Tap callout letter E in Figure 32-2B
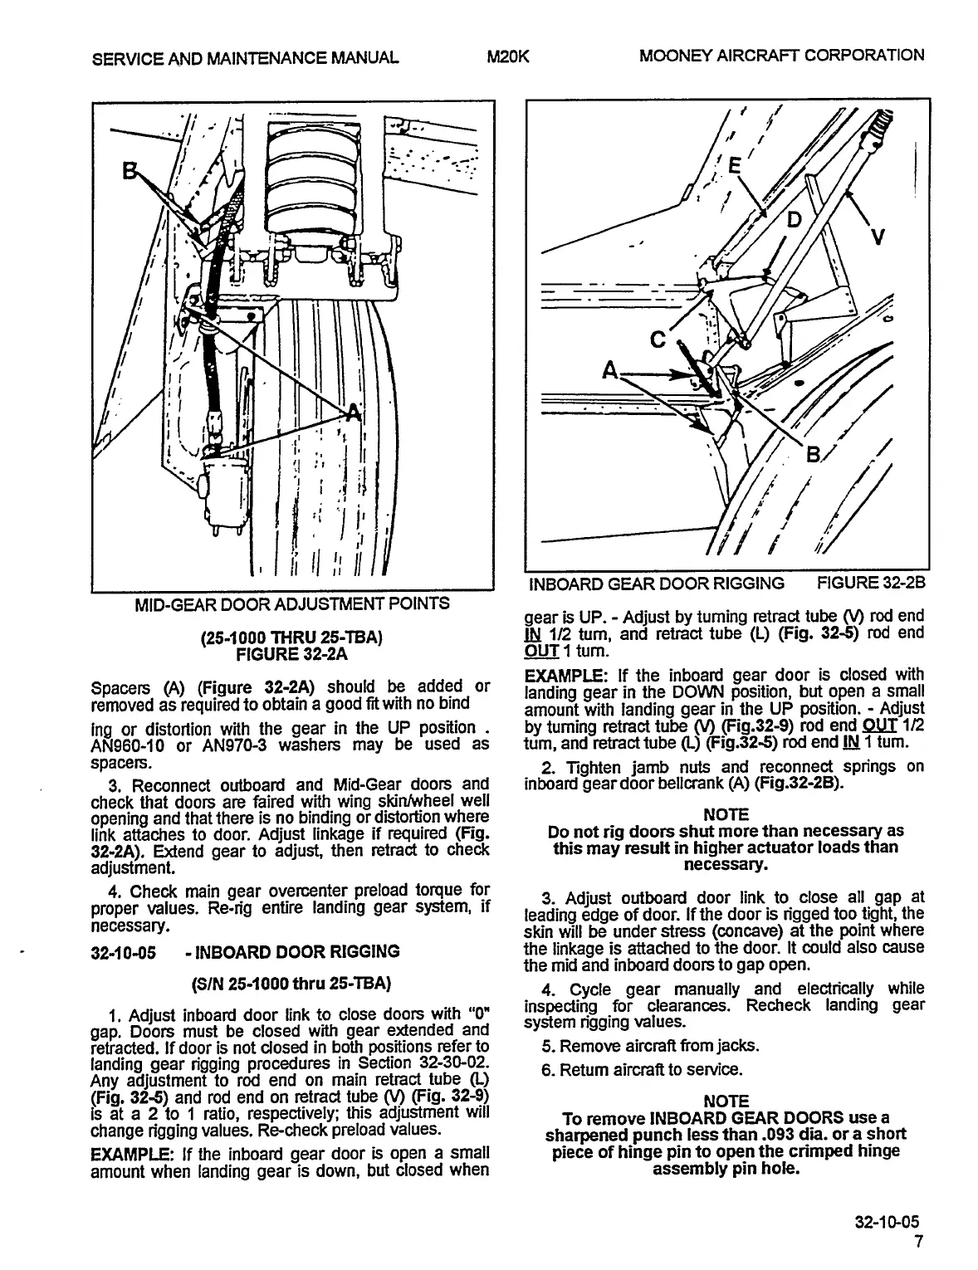(733, 165)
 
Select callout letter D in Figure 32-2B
(794, 219)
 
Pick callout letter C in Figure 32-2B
(658, 339)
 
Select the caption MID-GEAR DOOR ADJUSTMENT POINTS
(292, 603)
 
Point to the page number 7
(917, 1242)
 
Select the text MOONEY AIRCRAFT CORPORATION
(781, 56)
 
